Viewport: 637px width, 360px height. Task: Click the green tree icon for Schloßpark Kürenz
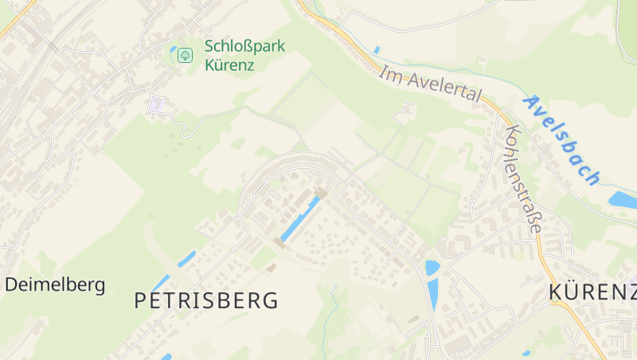click(x=185, y=55)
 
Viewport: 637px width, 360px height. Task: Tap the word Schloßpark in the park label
click(x=244, y=45)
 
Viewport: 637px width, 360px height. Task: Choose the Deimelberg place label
click(x=55, y=284)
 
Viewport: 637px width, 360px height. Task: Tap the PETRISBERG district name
click(x=206, y=300)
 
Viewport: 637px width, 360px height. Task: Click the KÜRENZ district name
click(x=592, y=292)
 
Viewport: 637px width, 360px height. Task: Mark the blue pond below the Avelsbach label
click(x=622, y=199)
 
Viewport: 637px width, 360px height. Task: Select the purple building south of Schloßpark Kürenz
click(x=158, y=104)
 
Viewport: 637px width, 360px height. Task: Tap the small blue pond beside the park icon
click(x=173, y=49)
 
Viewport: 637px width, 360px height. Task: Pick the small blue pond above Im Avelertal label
click(x=377, y=50)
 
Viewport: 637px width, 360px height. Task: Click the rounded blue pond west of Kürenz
click(x=432, y=268)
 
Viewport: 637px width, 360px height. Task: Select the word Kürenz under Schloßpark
click(x=229, y=65)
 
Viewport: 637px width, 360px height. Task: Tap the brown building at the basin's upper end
click(x=322, y=193)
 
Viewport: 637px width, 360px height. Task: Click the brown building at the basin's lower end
click(x=280, y=241)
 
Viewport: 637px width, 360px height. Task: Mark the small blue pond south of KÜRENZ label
click(x=526, y=353)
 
